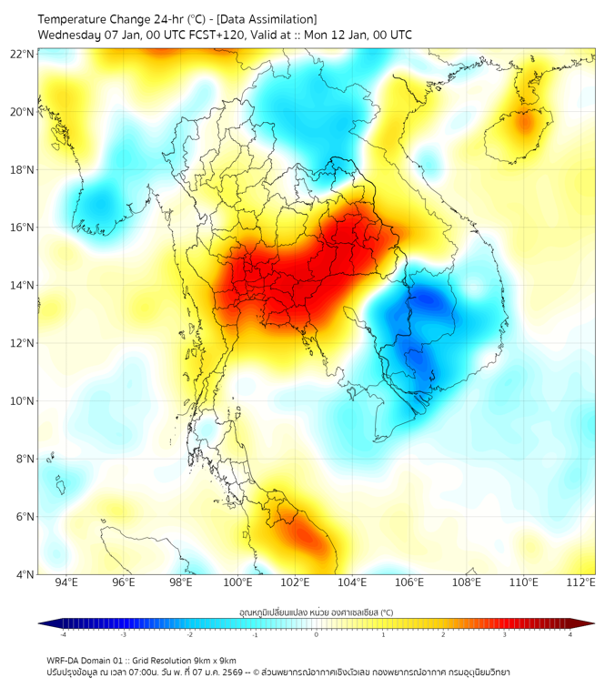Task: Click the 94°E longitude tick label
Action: (66, 582)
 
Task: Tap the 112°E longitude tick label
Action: (581, 582)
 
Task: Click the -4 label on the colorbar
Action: (62, 634)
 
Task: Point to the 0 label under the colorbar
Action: (317, 634)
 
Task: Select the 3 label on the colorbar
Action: (507, 634)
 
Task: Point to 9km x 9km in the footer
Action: (212, 660)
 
